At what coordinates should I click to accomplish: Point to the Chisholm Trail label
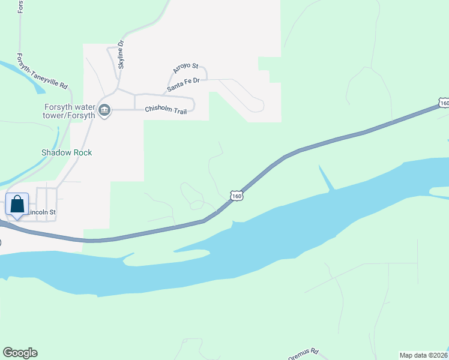[166, 110]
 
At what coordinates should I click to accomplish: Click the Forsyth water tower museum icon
[104, 110]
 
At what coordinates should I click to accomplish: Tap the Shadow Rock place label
[67, 152]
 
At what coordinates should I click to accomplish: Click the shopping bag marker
[17, 205]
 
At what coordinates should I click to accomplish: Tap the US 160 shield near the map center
[237, 196]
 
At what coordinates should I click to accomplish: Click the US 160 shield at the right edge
[443, 103]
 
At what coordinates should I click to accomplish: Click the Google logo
[20, 353]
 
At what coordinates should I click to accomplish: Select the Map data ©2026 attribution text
[424, 355]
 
